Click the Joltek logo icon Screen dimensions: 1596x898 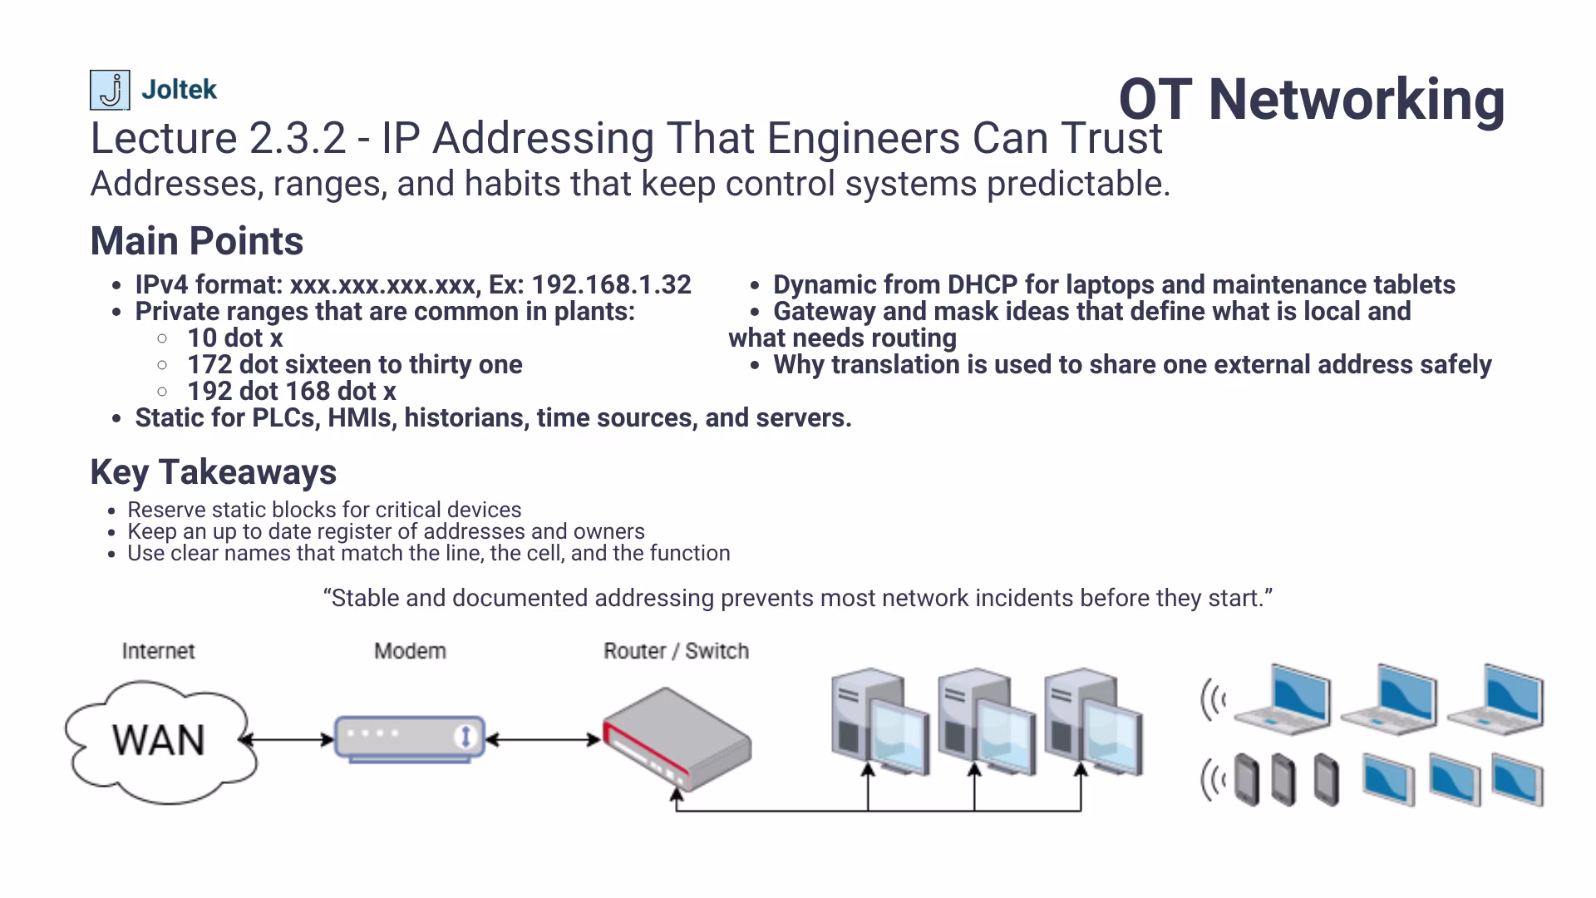[110, 90]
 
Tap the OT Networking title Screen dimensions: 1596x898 [1311, 99]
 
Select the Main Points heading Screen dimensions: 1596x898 [197, 241]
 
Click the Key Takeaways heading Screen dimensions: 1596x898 [214, 472]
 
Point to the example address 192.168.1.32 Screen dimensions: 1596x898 [611, 285]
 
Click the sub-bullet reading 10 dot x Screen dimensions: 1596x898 [234, 338]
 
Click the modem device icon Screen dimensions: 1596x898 [410, 738]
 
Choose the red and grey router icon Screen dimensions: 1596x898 [677, 739]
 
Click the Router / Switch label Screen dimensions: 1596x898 [676, 651]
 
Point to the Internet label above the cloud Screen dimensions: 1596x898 [158, 651]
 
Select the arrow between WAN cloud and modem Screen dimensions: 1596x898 [287, 739]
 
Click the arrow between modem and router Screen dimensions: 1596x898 [543, 739]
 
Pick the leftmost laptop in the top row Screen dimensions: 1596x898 [1284, 698]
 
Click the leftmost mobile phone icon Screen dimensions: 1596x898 [1246, 779]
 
